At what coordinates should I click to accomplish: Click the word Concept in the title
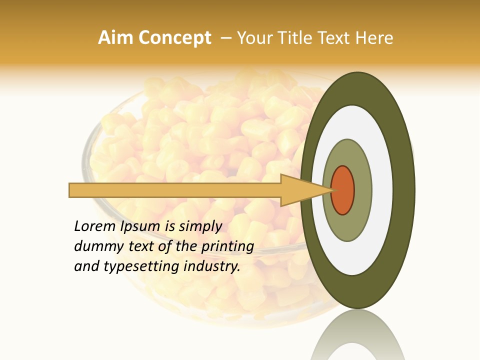174,38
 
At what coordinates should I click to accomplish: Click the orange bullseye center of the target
343,190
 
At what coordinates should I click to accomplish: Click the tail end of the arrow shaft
71,190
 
